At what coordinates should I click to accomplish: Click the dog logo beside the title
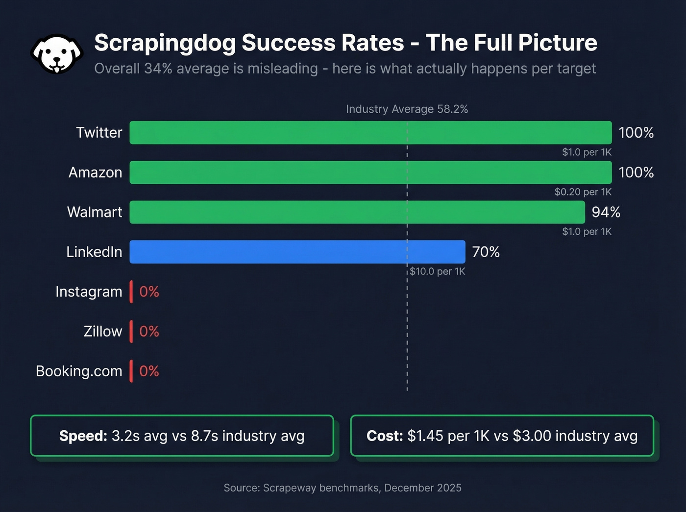57,54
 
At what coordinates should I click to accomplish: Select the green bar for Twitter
370,133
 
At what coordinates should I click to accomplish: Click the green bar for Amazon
370,172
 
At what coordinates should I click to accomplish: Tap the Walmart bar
357,212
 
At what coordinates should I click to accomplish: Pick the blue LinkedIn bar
297,252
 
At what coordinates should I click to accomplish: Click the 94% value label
606,212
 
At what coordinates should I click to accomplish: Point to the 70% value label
486,252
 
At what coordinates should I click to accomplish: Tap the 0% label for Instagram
149,292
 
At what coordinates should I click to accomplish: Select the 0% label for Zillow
149,332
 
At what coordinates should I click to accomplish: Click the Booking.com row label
79,371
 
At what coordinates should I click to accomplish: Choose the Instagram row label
89,292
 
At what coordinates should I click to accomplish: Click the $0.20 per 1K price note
583,192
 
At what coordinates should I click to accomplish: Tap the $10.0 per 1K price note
438,271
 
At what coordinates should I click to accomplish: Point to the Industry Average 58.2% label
407,109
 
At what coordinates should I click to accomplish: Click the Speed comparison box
182,436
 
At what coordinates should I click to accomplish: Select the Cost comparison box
502,436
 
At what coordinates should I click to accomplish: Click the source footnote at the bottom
343,488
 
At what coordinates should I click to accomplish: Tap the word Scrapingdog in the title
165,43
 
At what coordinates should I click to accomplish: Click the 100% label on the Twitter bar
636,133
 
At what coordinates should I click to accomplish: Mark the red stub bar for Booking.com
131,371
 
